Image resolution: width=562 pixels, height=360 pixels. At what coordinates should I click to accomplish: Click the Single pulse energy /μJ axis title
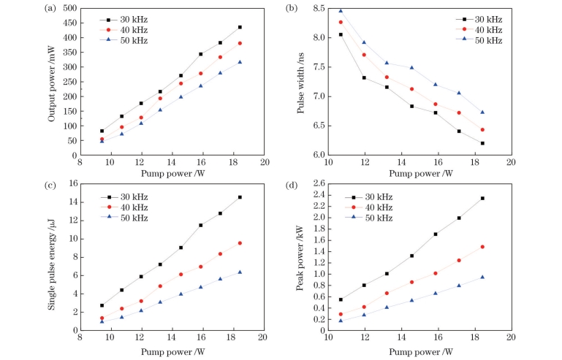53,256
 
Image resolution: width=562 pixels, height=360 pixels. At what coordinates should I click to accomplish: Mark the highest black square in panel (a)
240,27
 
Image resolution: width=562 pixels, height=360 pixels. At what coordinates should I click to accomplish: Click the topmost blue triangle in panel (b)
341,11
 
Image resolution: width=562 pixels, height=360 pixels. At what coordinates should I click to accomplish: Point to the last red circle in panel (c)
240,243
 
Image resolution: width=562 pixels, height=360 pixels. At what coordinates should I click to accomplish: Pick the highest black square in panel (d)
482,198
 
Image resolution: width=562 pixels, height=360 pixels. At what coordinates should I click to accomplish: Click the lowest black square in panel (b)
482,143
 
